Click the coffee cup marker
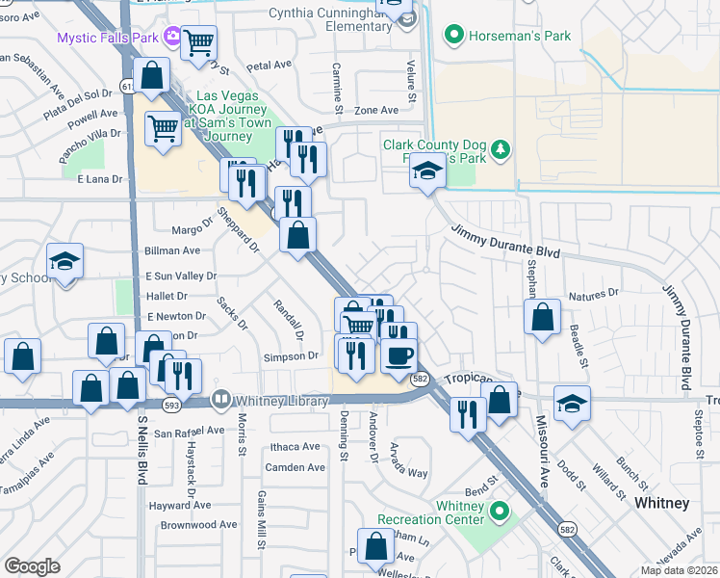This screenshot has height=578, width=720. [398, 355]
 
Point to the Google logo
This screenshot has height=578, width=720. [33, 566]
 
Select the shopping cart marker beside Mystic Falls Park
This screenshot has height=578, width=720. [198, 41]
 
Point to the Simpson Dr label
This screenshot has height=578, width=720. [291, 356]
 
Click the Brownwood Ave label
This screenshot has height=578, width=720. [198, 525]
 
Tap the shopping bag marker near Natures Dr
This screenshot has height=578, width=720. [543, 316]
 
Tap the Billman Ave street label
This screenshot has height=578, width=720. [172, 250]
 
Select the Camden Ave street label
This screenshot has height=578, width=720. [296, 467]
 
